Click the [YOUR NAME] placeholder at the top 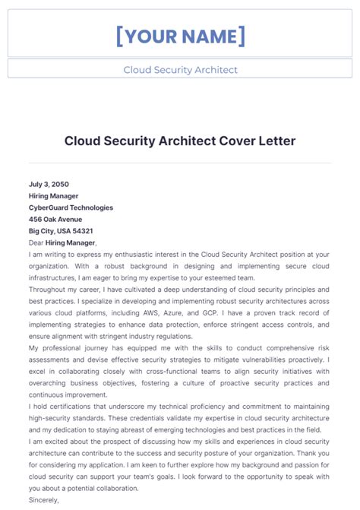tap(180, 35)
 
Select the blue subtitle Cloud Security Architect tap(180, 70)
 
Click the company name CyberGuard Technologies tap(71, 207)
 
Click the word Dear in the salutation tap(36, 242)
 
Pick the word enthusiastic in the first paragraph tap(133, 254)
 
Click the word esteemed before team tap(211, 277)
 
